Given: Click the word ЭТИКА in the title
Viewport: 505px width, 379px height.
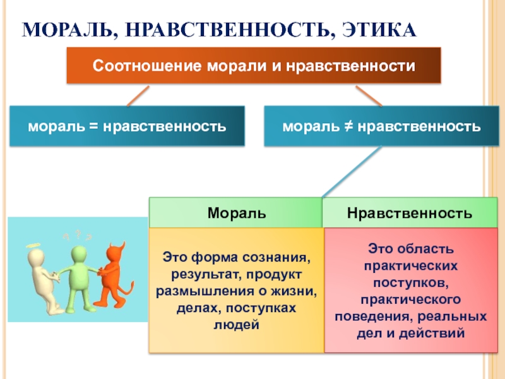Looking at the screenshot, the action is (x=379, y=30).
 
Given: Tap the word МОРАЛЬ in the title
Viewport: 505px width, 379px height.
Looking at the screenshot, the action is (x=68, y=30).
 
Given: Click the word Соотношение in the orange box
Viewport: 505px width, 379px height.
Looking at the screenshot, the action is (x=147, y=66).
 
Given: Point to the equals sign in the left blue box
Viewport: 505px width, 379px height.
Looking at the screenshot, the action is (x=93, y=126).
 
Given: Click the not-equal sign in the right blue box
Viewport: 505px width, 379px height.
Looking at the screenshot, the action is (x=348, y=126).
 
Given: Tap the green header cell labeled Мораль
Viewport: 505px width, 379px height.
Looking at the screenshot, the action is (x=235, y=212).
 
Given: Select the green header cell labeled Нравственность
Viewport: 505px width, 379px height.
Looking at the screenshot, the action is (x=410, y=212).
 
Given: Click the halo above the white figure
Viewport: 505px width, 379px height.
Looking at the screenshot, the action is (x=34, y=246).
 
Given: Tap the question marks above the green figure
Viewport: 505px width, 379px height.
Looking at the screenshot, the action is (x=77, y=236).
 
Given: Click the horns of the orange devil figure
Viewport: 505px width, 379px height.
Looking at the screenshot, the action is (x=117, y=246).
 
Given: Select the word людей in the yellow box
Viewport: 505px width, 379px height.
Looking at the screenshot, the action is (x=236, y=324).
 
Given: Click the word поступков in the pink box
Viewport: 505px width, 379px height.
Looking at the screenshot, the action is (x=411, y=282).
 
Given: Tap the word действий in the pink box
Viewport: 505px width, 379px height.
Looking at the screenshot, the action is (x=432, y=333).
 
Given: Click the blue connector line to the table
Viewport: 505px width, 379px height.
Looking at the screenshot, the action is (x=352, y=171).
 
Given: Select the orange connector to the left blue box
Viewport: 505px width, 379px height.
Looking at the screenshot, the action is (x=138, y=96).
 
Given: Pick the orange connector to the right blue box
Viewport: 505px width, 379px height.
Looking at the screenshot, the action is (x=369, y=96).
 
